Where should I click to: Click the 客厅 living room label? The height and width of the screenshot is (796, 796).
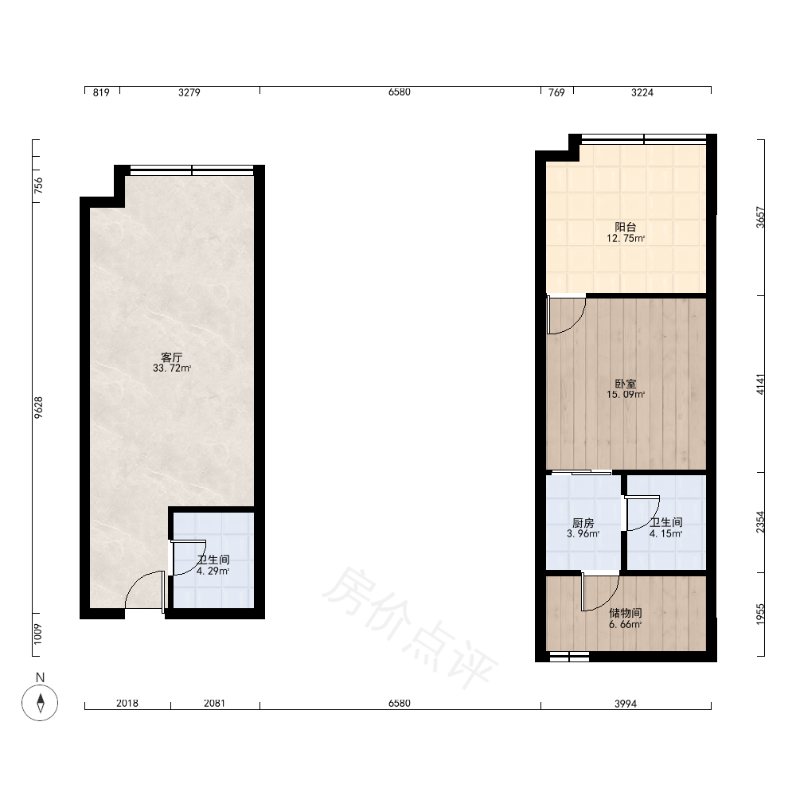point(172,357)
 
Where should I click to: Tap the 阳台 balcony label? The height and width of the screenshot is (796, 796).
point(626,227)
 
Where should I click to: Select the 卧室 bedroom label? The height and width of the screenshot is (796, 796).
point(626,384)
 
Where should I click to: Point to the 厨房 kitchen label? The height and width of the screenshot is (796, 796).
point(583,523)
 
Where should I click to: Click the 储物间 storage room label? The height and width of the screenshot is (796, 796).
point(626,613)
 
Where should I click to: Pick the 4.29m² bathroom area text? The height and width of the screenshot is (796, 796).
point(213,571)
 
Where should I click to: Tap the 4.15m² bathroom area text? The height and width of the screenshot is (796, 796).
point(665,533)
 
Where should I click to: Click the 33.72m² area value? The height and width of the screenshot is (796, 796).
point(172,369)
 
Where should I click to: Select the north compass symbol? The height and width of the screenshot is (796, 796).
point(40,703)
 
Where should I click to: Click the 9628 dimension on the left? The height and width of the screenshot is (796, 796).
point(38,408)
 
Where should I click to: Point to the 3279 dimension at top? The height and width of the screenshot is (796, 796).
point(189,92)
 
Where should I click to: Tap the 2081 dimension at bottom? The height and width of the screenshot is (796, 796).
point(214,703)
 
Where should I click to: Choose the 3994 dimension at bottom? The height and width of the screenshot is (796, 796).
point(626,704)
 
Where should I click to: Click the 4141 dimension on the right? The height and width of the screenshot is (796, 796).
point(760,384)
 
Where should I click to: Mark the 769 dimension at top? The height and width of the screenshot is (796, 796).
point(557,92)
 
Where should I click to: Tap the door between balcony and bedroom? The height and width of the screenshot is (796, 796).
point(566,315)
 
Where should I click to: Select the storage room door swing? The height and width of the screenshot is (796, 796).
point(600,591)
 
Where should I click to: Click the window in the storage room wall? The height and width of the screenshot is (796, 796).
point(570,657)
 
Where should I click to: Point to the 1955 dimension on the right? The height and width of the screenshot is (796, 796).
point(760,615)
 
